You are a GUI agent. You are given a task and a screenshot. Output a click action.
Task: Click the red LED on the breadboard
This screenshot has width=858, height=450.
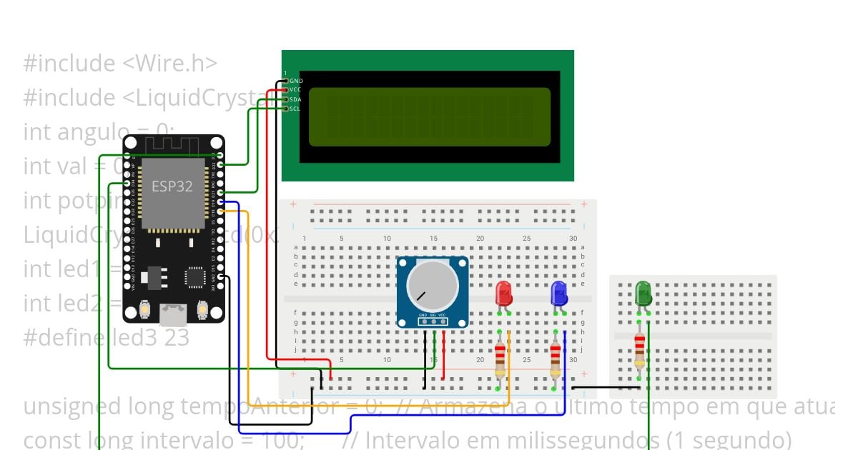click(503, 294)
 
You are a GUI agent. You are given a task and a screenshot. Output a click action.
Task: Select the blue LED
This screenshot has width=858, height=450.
click(559, 294)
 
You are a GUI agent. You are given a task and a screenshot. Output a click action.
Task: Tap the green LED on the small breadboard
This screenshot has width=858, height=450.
click(643, 293)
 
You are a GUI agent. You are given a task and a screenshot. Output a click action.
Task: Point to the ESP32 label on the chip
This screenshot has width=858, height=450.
click(172, 186)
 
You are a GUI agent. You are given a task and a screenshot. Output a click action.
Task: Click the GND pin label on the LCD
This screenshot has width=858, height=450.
click(296, 81)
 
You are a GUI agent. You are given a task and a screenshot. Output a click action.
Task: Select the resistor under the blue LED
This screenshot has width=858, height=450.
click(556, 359)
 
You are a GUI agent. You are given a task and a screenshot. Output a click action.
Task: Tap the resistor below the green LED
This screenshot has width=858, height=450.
click(639, 351)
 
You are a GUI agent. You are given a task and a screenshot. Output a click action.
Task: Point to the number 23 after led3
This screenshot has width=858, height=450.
click(177, 337)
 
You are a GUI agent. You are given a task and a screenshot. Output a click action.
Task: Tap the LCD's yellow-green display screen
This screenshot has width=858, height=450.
click(429, 117)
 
